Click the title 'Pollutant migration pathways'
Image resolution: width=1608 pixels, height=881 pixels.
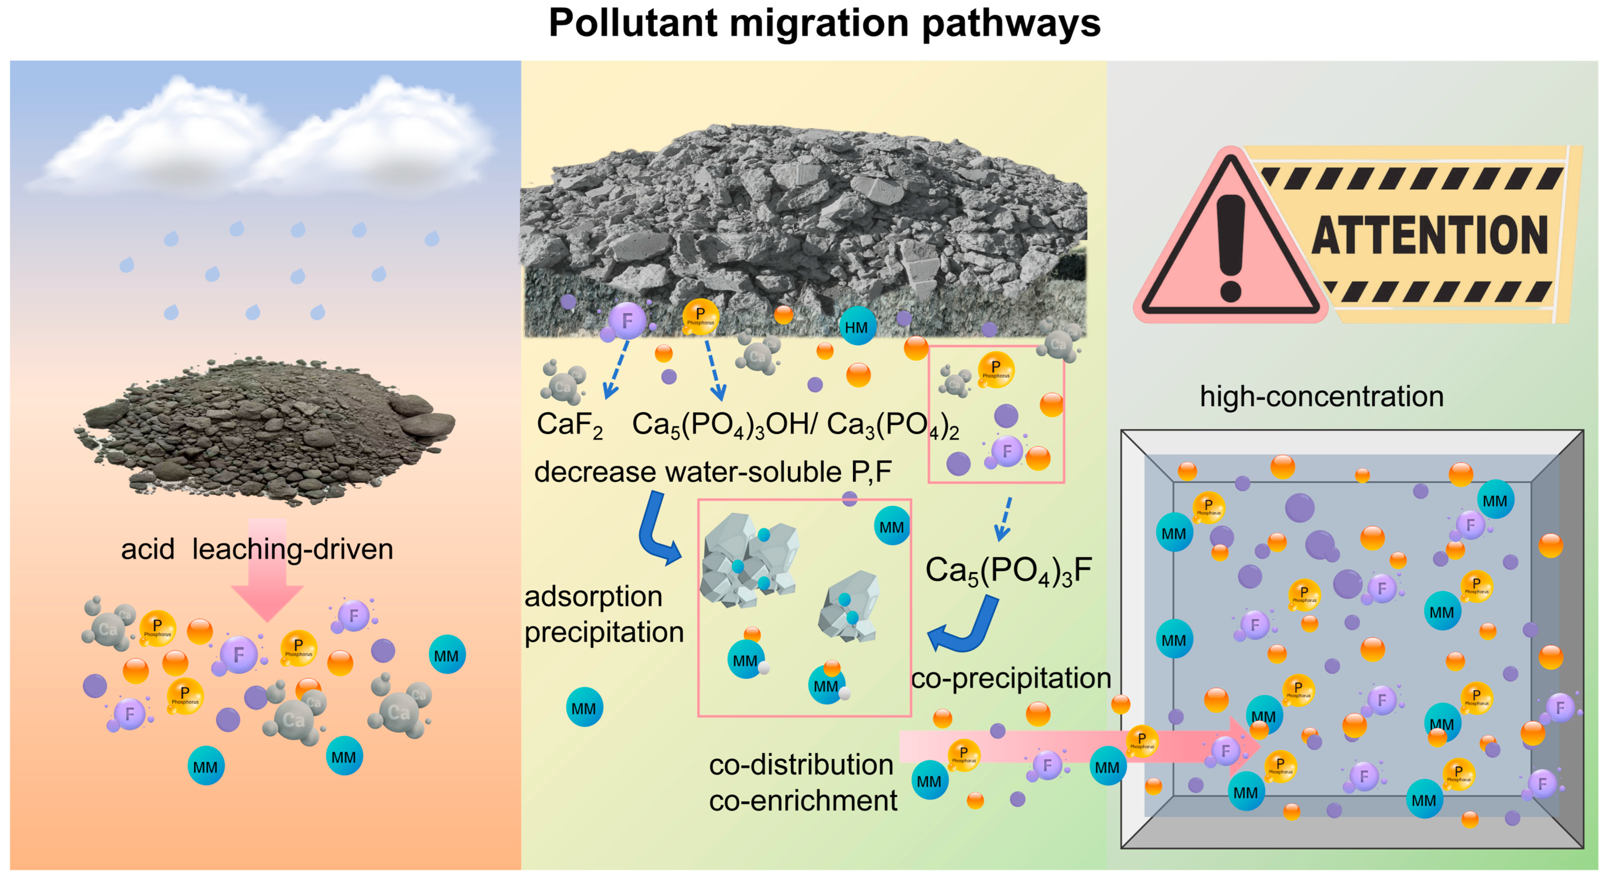pos(824,24)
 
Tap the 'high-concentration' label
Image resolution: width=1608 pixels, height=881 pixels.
pos(1322,396)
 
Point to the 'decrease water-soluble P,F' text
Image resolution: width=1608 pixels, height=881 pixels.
pos(713,472)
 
